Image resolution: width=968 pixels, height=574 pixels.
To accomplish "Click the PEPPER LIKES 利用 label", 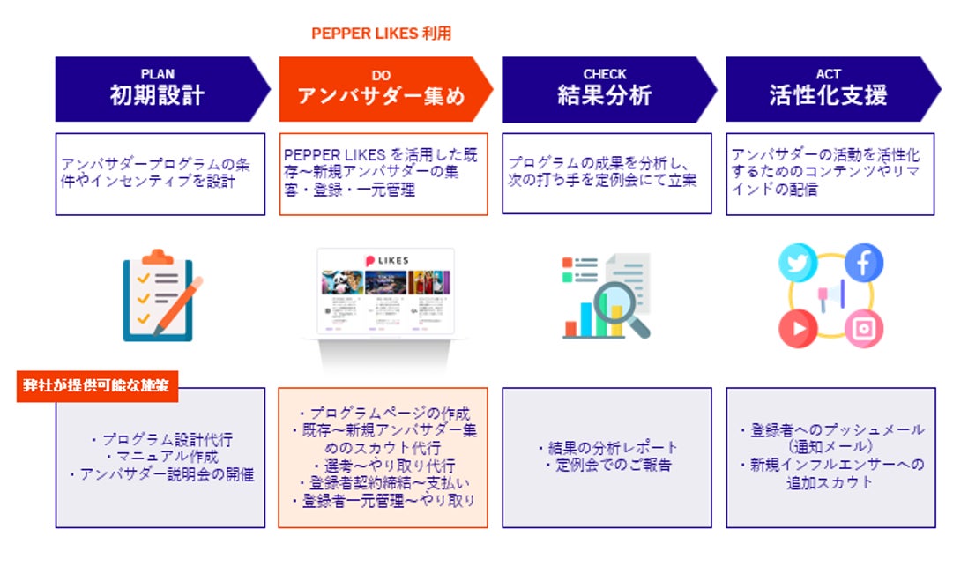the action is (x=381, y=34).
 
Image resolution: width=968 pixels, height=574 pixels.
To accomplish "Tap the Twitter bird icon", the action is (x=798, y=264).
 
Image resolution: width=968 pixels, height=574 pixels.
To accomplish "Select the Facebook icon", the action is (x=863, y=263).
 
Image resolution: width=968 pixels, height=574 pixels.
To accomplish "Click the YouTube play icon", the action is (x=798, y=329).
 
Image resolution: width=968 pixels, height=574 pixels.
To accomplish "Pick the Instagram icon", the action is (x=863, y=329).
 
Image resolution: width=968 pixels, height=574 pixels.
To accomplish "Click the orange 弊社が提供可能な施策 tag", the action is (x=97, y=385).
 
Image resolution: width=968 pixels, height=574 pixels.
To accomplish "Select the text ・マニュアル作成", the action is (x=160, y=457).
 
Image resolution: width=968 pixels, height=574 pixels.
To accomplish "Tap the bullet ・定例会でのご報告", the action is (x=607, y=465).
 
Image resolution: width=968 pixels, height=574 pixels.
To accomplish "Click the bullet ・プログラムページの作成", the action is (x=383, y=413).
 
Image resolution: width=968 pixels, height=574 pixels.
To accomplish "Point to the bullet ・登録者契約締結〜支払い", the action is (x=383, y=483).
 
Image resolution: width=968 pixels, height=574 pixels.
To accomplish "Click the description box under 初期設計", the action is (x=160, y=174).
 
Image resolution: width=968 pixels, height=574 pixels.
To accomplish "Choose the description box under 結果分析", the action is (x=607, y=174).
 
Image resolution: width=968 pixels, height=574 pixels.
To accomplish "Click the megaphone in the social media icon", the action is (x=831, y=294).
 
